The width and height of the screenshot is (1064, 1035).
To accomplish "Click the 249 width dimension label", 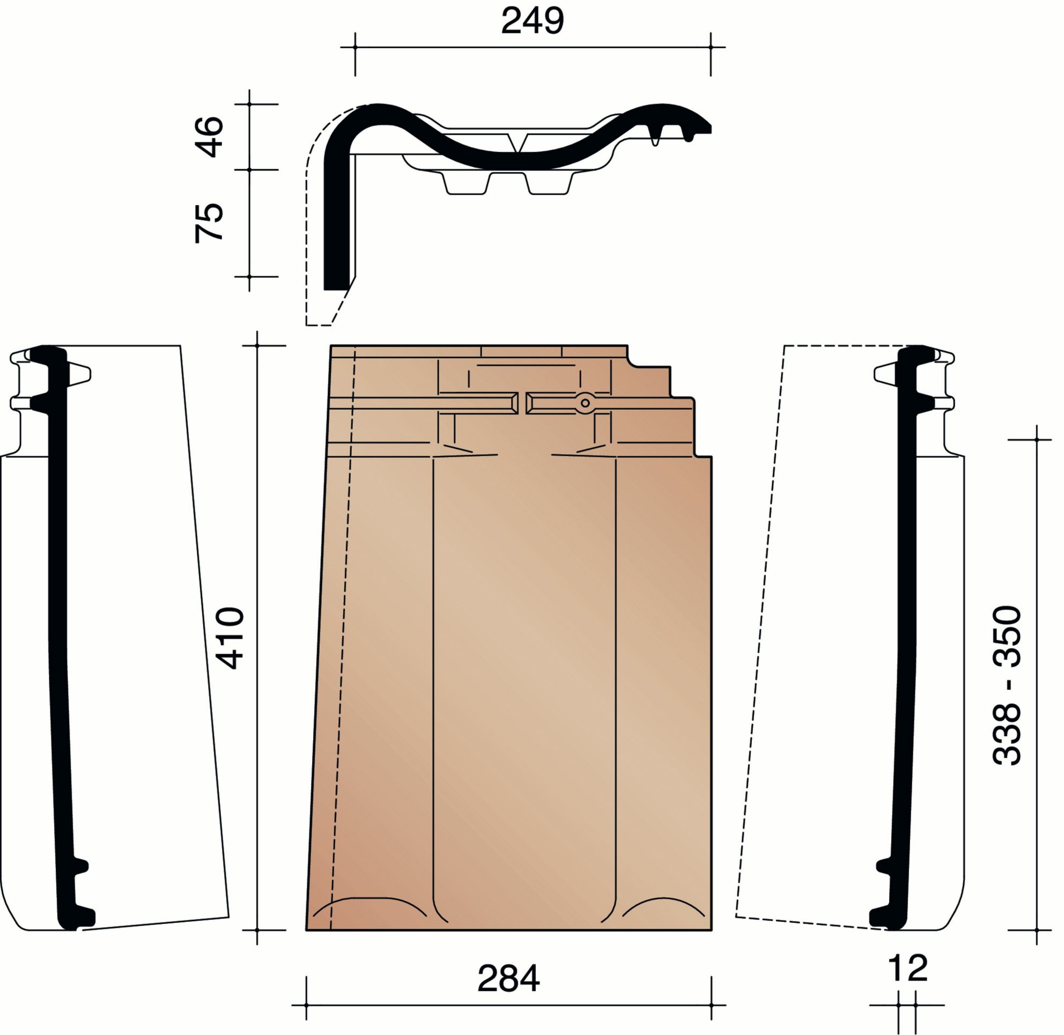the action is point(533,21).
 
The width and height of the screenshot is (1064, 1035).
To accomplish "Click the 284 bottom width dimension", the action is point(508,979).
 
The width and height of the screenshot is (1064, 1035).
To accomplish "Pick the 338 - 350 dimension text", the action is point(1007,685).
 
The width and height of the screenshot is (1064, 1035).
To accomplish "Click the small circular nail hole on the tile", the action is point(585,403).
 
